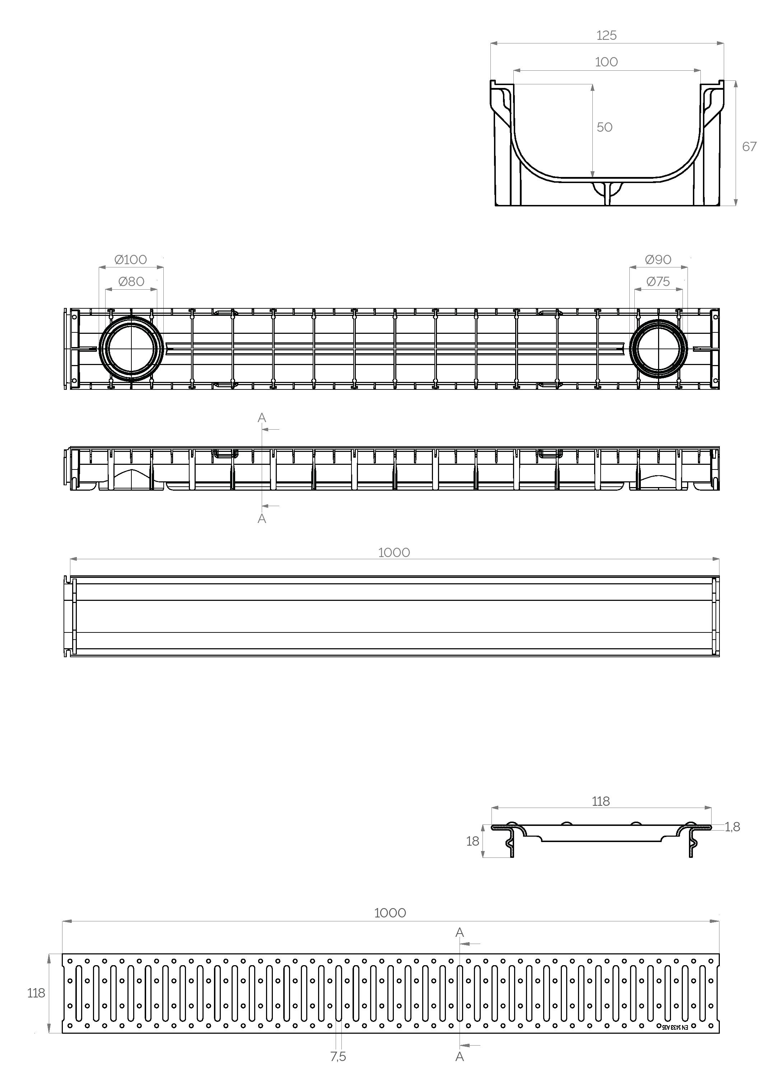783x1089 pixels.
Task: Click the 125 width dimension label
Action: click(606, 36)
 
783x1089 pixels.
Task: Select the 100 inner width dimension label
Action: click(606, 62)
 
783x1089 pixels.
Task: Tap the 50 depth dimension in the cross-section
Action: click(604, 127)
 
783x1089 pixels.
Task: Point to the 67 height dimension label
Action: click(749, 146)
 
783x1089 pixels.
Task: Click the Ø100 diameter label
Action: click(131, 260)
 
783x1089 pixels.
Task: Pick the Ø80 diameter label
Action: click(131, 281)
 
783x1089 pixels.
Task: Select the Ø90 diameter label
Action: click(658, 260)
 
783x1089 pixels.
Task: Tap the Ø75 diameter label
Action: click(658, 281)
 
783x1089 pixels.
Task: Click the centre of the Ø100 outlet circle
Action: click(131, 349)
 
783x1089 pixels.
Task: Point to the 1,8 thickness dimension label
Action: click(732, 827)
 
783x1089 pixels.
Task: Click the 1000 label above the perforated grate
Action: click(390, 913)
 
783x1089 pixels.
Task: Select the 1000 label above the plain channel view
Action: click(394, 553)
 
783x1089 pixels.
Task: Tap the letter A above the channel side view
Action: click(262, 418)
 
